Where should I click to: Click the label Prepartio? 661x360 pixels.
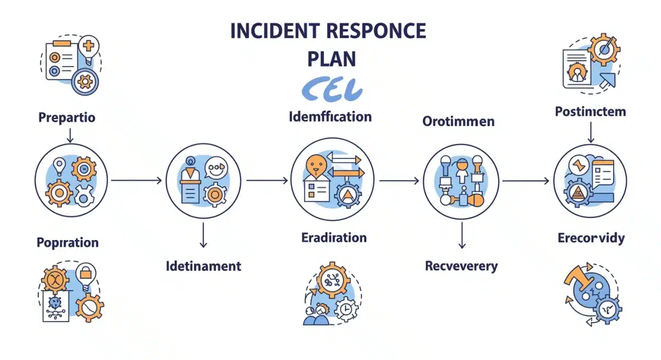(67, 117)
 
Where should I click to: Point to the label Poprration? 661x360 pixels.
(67, 242)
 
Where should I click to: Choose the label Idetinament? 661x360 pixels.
(203, 266)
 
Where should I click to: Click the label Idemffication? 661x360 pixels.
(330, 117)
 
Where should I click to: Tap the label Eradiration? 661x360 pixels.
(334, 238)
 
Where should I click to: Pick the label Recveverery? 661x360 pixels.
(461, 266)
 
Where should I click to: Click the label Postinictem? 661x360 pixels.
(590, 112)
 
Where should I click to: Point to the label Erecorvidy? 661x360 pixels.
(591, 238)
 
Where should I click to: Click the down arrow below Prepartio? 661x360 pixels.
(69, 135)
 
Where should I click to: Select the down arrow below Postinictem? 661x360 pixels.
(590, 132)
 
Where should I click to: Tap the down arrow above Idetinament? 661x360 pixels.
(203, 236)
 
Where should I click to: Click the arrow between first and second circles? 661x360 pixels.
(136, 180)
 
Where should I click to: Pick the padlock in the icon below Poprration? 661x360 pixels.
(86, 271)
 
